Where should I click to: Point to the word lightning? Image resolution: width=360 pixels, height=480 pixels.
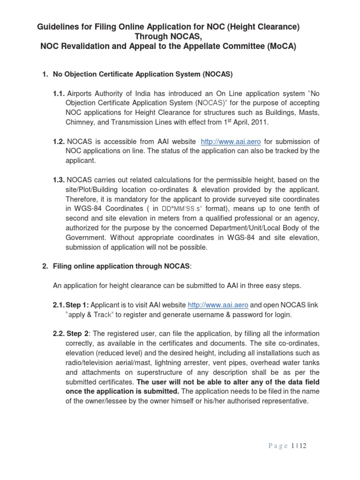[x=177, y=362]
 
